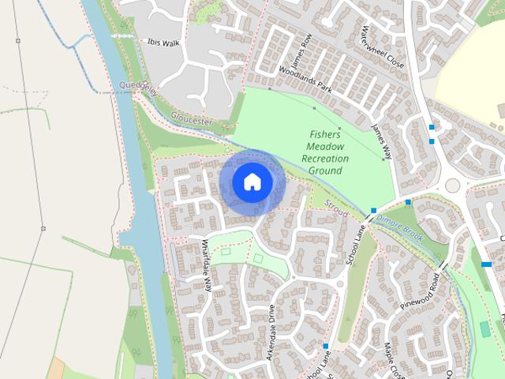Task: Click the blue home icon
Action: click(252, 182)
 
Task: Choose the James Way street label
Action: click(381, 140)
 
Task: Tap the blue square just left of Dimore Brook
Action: click(373, 211)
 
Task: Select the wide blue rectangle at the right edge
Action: click(487, 265)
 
